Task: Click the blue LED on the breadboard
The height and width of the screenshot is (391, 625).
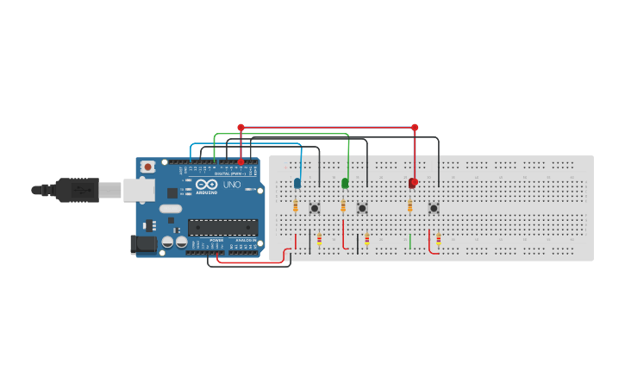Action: [x=297, y=183]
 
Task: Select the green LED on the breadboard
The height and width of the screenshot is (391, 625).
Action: [x=345, y=183]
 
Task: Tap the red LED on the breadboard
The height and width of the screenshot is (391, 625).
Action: [x=413, y=182]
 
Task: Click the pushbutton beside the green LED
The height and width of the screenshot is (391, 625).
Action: [x=362, y=208]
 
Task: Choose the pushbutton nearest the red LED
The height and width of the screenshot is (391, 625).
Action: [x=434, y=208]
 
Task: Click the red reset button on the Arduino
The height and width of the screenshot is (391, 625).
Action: [x=147, y=167]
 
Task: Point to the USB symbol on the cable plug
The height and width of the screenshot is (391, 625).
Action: [x=84, y=189]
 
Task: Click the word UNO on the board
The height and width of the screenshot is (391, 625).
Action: [x=233, y=185]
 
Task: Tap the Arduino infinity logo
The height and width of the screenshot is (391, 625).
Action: [x=207, y=184]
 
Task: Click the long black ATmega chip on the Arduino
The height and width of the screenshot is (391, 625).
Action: [x=222, y=228]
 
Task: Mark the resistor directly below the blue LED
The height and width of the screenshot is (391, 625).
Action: [x=296, y=206]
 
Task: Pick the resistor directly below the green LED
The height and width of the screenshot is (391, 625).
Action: [x=343, y=206]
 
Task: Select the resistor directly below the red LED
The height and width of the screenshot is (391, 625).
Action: [x=409, y=206]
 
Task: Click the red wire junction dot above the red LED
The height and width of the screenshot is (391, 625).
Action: [x=415, y=128]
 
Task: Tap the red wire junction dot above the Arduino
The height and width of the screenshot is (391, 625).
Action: [x=241, y=128]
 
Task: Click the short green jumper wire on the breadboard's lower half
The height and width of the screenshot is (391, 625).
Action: [x=410, y=241]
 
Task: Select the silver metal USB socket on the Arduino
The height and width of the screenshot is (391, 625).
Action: [x=138, y=190]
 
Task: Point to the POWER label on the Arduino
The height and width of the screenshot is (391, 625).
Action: [x=216, y=240]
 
